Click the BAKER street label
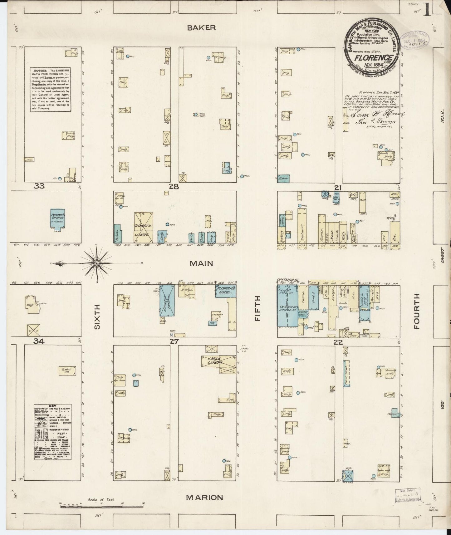(x=201, y=28)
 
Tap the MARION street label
(x=204, y=498)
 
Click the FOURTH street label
(x=417, y=312)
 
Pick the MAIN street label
(x=201, y=263)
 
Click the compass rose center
(x=97, y=263)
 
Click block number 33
(x=39, y=186)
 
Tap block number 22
(x=338, y=342)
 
